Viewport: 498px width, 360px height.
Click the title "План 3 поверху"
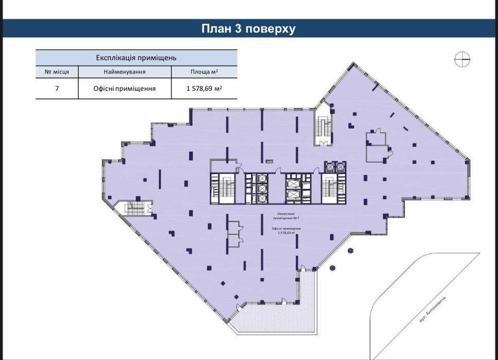(248, 29)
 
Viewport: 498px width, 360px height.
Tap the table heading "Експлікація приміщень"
(136, 58)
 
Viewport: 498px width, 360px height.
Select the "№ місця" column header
(57, 72)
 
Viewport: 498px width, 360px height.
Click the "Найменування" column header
(124, 72)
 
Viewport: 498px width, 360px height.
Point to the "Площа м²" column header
(204, 72)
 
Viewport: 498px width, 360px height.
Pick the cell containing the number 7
(57, 88)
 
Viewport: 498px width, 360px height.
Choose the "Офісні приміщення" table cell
(124, 88)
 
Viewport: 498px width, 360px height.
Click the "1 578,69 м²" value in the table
(204, 88)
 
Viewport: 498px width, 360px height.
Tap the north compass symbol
(463, 60)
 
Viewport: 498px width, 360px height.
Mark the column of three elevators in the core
(261, 189)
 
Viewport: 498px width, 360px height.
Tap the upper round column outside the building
(350, 250)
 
